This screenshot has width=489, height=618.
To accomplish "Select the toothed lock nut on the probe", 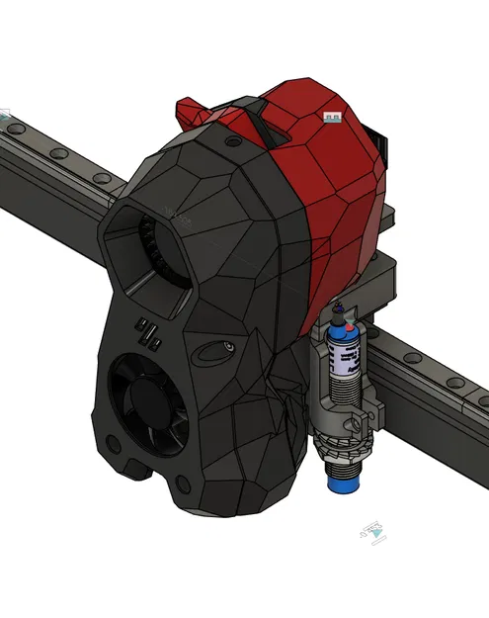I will [340, 427].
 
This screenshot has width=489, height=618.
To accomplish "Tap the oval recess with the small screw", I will [220, 350].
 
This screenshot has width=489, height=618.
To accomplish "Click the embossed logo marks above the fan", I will [149, 333].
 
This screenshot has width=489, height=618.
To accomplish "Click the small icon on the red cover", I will [332, 119].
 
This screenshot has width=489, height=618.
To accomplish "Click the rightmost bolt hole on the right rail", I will [483, 399].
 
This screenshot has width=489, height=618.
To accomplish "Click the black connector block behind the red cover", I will [383, 148].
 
